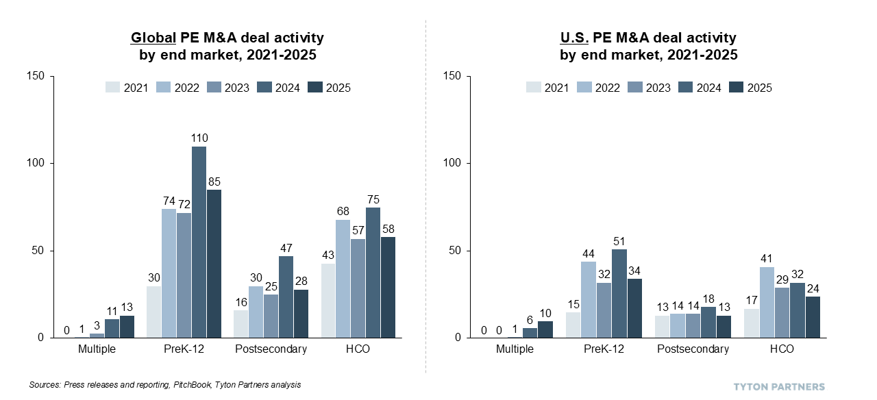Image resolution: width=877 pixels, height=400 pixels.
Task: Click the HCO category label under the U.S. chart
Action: (781, 349)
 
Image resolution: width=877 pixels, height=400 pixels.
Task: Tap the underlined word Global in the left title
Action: (153, 38)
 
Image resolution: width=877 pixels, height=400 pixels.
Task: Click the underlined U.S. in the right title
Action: (576, 38)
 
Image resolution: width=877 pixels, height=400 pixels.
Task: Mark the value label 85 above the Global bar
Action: (214, 182)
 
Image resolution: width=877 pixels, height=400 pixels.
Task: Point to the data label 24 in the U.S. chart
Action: (813, 289)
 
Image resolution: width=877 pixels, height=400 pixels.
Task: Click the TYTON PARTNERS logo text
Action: (779, 386)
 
